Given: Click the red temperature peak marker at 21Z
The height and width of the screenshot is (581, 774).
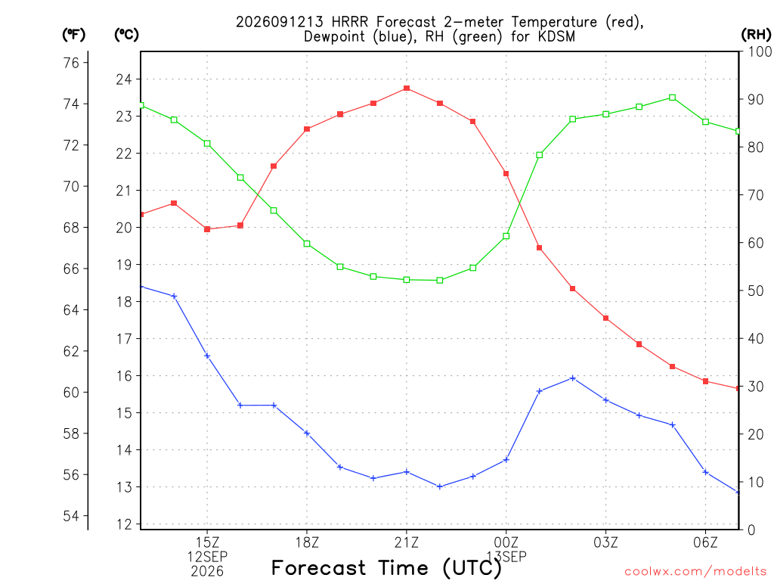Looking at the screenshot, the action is click(x=406, y=89).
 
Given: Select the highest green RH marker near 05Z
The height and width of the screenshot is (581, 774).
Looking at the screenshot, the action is click(x=672, y=98).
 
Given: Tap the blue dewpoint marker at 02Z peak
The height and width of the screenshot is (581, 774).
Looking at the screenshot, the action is click(x=573, y=378).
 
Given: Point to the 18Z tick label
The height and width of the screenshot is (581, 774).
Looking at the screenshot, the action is click(x=307, y=542).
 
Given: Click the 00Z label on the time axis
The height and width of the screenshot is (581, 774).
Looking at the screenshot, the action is click(x=506, y=542).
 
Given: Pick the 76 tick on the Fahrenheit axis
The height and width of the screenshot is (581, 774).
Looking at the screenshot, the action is click(x=71, y=63).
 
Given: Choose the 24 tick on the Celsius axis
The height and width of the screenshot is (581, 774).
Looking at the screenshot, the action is click(x=124, y=79).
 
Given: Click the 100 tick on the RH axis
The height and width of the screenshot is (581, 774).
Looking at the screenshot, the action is click(x=759, y=51).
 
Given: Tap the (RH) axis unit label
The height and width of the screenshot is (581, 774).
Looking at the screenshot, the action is click(x=756, y=35).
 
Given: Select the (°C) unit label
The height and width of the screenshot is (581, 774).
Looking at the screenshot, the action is click(x=126, y=35).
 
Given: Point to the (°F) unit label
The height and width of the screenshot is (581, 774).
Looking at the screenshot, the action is click(x=73, y=35).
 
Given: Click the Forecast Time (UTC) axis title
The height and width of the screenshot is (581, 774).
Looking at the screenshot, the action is click(x=386, y=568).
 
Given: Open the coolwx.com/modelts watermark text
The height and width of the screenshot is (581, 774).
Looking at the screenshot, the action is click(x=695, y=571).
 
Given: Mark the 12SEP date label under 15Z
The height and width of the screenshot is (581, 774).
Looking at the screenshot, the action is click(x=207, y=557).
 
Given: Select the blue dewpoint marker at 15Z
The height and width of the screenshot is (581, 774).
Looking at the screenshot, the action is click(x=207, y=356).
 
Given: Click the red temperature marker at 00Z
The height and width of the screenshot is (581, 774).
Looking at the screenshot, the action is click(x=506, y=174).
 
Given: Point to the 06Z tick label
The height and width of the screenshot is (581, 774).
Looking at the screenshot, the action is click(x=705, y=542).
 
